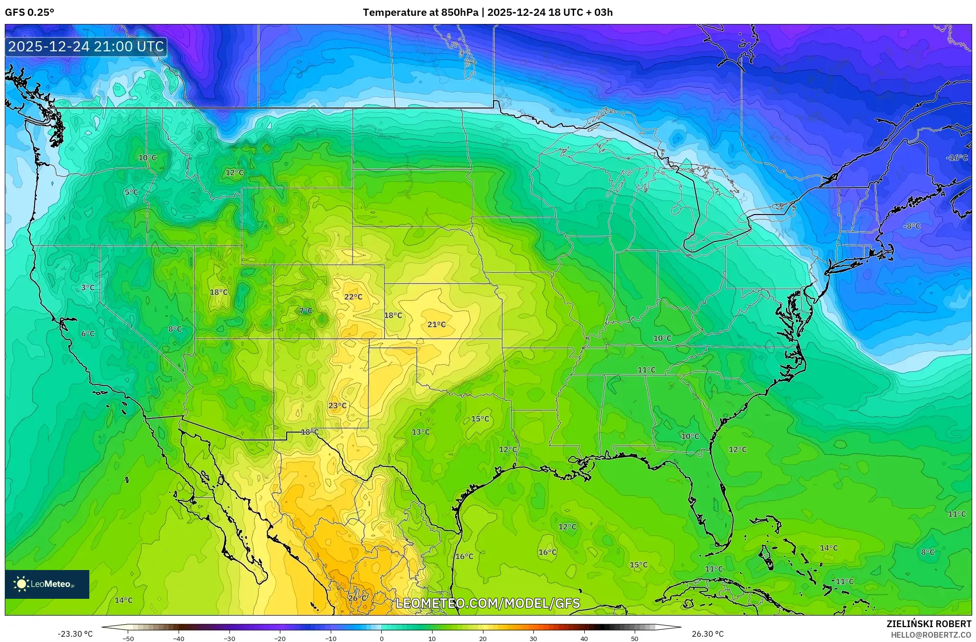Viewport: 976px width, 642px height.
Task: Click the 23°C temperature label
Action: click(337, 405)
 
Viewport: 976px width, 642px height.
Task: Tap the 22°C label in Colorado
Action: click(353, 297)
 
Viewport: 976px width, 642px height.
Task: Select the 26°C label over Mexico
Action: click(357, 598)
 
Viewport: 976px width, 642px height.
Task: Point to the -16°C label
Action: click(957, 158)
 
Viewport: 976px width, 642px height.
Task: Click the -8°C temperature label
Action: click(912, 226)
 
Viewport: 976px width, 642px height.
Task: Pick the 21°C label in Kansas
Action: click(436, 325)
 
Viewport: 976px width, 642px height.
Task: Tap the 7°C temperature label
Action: click(305, 311)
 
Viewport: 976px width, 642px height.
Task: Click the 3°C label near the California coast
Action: click(87, 288)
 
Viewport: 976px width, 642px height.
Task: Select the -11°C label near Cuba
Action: click(843, 582)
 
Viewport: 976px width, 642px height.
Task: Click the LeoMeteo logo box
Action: click(47, 584)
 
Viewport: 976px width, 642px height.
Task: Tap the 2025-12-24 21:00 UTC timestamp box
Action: click(86, 47)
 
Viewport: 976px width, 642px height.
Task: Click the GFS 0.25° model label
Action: click(29, 12)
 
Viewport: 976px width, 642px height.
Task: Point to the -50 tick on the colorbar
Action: click(128, 638)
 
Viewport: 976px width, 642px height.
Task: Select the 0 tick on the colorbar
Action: click(382, 638)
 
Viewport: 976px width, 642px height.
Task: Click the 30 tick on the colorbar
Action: click(533, 638)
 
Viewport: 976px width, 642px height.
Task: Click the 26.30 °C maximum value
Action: click(707, 634)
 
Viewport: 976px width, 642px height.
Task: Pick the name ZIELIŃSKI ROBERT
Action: click(928, 624)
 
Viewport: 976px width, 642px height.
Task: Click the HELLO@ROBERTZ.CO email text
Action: click(931, 635)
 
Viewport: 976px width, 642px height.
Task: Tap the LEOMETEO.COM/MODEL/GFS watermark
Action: click(488, 603)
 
